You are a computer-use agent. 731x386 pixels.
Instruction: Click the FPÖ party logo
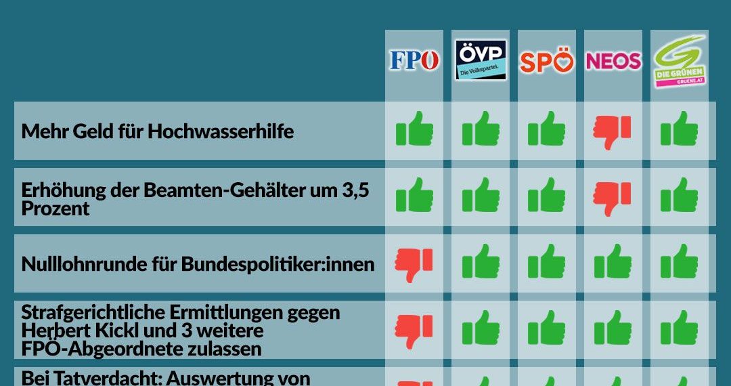pos(414,61)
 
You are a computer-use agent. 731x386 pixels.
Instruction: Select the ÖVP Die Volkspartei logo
pos(481,60)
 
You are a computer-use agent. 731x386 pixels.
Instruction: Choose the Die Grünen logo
pos(680,61)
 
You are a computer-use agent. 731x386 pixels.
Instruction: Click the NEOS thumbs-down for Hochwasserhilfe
pos(612,131)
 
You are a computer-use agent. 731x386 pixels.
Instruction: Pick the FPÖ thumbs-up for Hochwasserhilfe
pos(414,129)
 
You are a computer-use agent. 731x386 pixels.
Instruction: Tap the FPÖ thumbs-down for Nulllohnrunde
pos(414,264)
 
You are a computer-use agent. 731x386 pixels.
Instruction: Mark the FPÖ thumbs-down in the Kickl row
pos(414,330)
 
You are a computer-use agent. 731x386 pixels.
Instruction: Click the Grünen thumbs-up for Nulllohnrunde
pos(679,262)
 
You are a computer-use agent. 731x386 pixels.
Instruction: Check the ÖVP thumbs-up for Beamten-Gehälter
pos(481,196)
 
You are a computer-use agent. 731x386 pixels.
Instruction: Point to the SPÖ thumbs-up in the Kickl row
pos(546,328)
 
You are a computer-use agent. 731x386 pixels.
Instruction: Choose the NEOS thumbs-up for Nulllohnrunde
pos(613,262)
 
